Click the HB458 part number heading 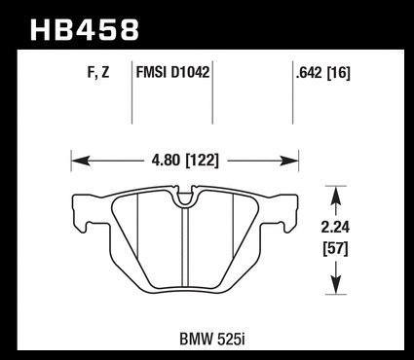(x=85, y=30)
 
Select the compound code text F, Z (x=98, y=72)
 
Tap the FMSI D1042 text (x=172, y=72)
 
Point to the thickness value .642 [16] (x=323, y=73)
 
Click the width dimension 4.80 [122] (x=185, y=161)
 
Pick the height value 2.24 (x=335, y=228)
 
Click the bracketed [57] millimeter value (x=335, y=249)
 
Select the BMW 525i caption (x=212, y=340)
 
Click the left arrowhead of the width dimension (x=81, y=161)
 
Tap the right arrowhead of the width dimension (x=289, y=161)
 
